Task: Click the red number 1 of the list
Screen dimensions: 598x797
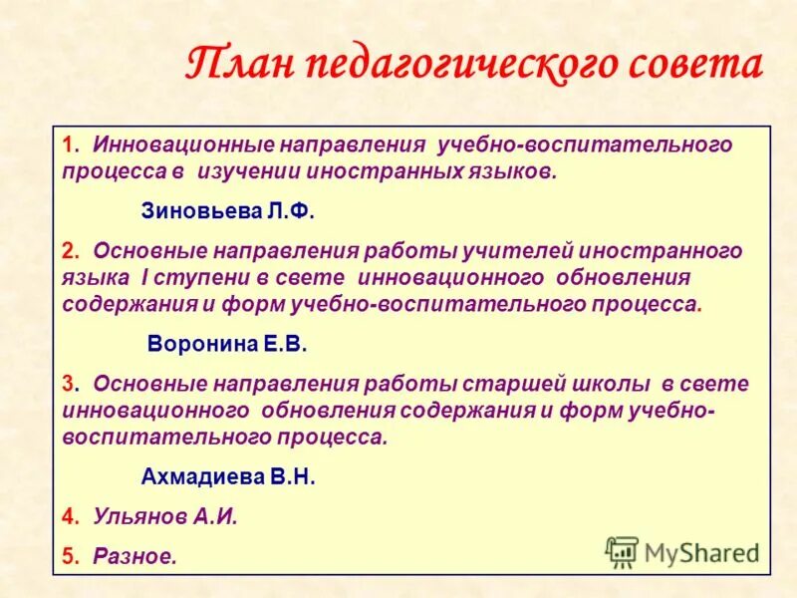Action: pyautogui.click(x=66, y=146)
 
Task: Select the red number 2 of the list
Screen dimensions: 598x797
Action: pyautogui.click(x=67, y=250)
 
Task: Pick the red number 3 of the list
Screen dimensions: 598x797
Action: pyautogui.click(x=67, y=384)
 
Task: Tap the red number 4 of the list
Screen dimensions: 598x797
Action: pyautogui.click(x=67, y=516)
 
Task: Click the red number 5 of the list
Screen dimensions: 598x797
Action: pyautogui.click(x=67, y=556)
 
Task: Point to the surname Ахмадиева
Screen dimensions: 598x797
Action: pyautogui.click(x=199, y=476)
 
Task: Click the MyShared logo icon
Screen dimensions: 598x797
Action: pyautogui.click(x=622, y=551)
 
